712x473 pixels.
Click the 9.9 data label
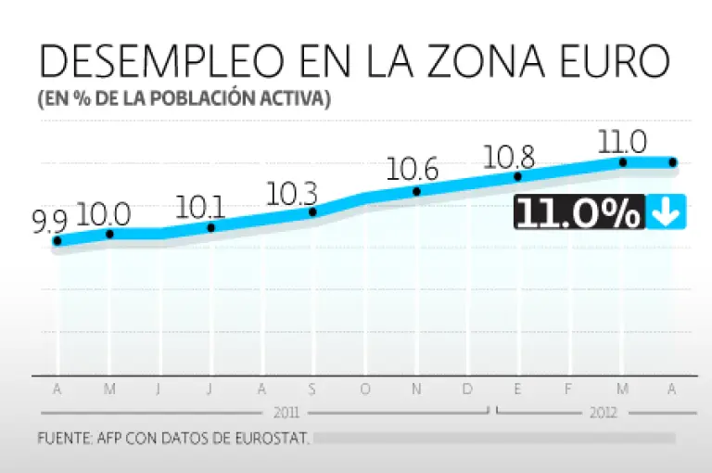pyautogui.click(x=49, y=221)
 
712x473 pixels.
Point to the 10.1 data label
pyautogui.click(x=195, y=207)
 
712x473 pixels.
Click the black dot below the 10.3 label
pyautogui.click(x=312, y=212)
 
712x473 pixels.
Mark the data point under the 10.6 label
pyautogui.click(x=416, y=192)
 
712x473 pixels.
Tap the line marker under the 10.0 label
pyautogui.click(x=109, y=234)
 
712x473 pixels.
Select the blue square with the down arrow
pyautogui.click(x=666, y=213)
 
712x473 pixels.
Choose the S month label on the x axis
pyautogui.click(x=312, y=390)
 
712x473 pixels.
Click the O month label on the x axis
pyautogui.click(x=364, y=390)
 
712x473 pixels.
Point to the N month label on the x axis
pyautogui.click(x=416, y=390)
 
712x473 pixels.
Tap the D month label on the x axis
pyautogui.click(x=468, y=390)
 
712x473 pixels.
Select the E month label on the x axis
pyautogui.click(x=517, y=390)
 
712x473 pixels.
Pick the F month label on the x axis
pyautogui.click(x=569, y=390)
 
